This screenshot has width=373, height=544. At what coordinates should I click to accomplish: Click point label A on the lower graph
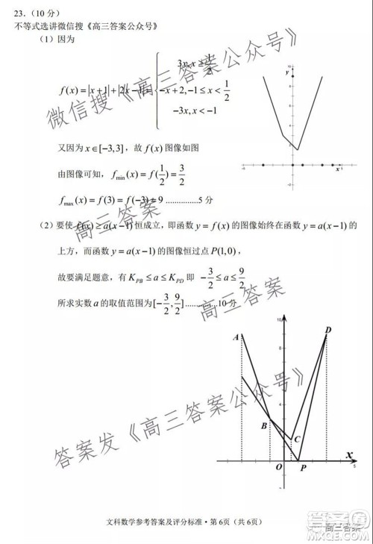pyautogui.click(x=236, y=337)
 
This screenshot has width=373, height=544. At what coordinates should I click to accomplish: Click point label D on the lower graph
pyautogui.click(x=328, y=331)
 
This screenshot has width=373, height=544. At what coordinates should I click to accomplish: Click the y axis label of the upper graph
pyautogui.click(x=286, y=73)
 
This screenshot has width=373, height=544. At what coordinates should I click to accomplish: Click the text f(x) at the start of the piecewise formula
pyautogui.click(x=71, y=91)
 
